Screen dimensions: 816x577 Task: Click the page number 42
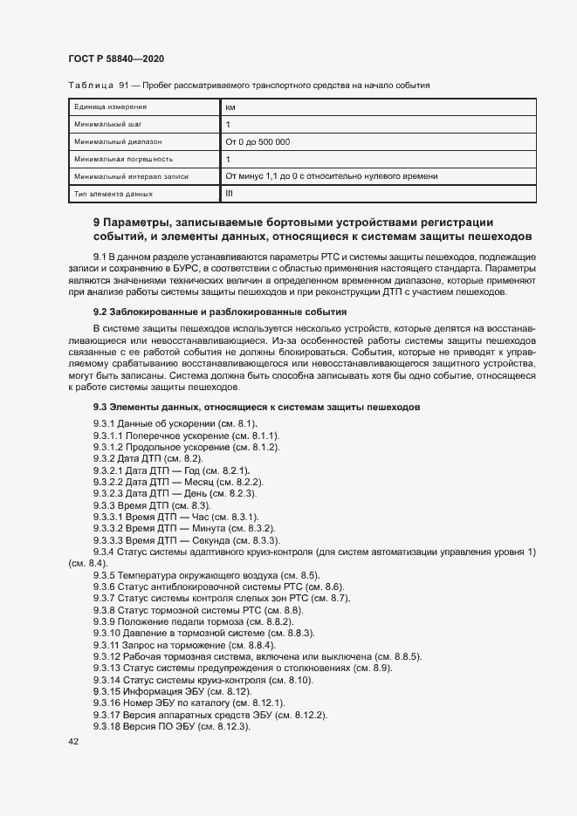click(x=73, y=741)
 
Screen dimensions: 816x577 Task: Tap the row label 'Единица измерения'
click(x=110, y=106)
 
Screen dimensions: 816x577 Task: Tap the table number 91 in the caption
click(x=123, y=85)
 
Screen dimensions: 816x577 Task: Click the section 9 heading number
click(x=97, y=222)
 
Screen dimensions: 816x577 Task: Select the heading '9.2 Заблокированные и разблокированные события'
click(x=220, y=312)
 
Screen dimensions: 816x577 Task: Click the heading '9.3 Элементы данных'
click(x=257, y=407)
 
